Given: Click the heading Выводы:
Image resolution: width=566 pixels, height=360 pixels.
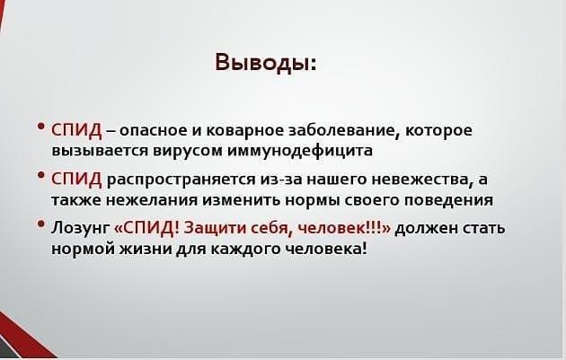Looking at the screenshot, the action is [266, 63].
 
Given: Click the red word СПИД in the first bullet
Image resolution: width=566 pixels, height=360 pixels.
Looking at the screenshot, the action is [76, 130].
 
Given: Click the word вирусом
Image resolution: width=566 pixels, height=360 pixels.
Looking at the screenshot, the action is [188, 151].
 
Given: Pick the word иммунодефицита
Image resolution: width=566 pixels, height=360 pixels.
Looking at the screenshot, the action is [300, 151].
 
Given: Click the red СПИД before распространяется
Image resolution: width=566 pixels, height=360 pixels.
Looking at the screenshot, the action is [76, 179].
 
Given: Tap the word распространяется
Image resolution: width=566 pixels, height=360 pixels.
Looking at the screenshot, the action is [181, 180].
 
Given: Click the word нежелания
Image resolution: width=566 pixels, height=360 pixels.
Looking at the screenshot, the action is [152, 200].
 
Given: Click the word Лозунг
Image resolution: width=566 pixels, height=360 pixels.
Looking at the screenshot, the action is [80, 228].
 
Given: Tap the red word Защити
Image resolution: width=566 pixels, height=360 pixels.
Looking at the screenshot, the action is [209, 228].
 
